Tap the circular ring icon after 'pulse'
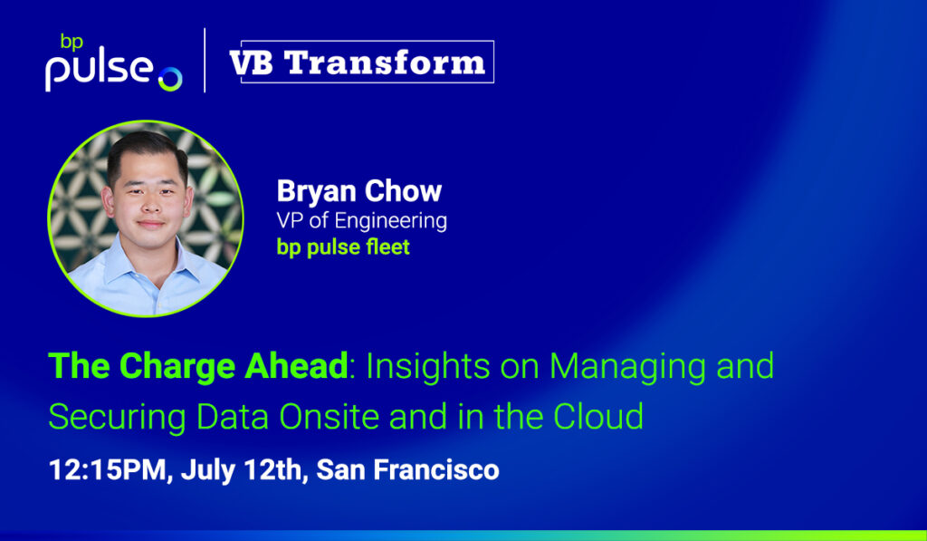pos(170,80)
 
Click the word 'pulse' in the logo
pos(99,72)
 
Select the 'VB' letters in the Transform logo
pos(252,63)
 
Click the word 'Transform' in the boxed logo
pos(385,63)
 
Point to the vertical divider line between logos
pos(205,61)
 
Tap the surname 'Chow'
pos(403,191)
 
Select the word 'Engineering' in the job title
pos(391,221)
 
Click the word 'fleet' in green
pos(387,246)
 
